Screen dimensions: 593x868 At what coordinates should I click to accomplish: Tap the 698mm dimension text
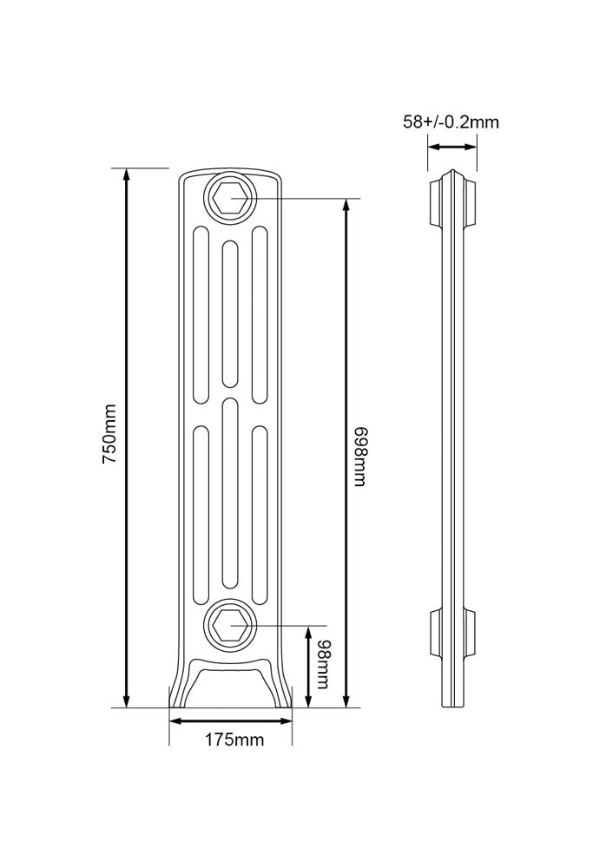point(360,457)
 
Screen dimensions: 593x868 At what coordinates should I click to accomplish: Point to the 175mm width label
point(234,739)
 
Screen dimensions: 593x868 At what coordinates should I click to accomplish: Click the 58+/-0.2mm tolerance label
point(451,122)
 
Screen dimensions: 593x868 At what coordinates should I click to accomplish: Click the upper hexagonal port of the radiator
point(231,198)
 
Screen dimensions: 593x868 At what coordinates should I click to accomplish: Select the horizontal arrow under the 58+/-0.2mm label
point(453,147)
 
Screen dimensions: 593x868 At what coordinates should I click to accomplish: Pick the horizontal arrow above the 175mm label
point(230,720)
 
